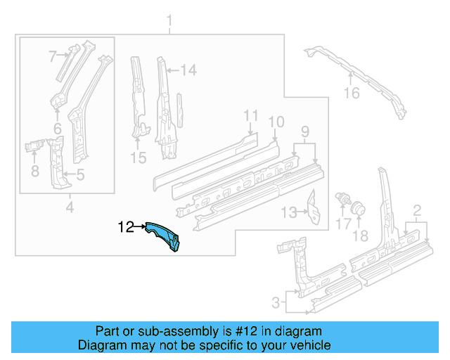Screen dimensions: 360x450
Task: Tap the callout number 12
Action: click(126, 226)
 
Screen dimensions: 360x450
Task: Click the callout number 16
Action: click(352, 94)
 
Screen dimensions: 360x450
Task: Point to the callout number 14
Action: click(188, 70)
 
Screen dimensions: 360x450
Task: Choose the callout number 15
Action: click(139, 158)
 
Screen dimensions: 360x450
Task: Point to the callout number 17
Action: click(342, 224)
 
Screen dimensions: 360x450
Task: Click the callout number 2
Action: click(417, 210)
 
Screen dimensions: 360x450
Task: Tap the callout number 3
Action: click(276, 303)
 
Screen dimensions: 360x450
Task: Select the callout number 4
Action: click(70, 207)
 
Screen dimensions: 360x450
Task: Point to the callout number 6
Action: click(57, 128)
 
